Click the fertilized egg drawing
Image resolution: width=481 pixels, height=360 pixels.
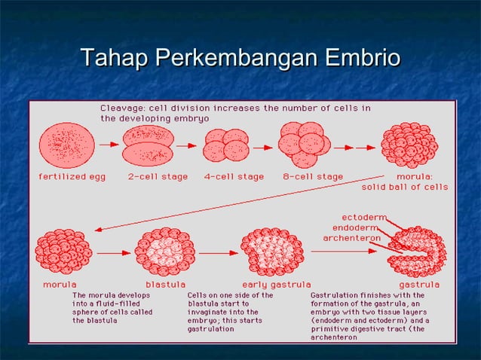click(x=67, y=145)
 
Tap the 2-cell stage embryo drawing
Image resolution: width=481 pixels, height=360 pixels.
click(x=148, y=145)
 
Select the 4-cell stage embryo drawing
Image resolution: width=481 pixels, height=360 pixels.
click(x=226, y=145)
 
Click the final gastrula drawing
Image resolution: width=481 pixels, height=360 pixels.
click(x=416, y=252)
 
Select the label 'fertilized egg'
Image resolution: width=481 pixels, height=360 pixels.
click(x=72, y=177)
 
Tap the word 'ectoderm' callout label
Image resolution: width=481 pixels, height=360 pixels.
click(x=364, y=217)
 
